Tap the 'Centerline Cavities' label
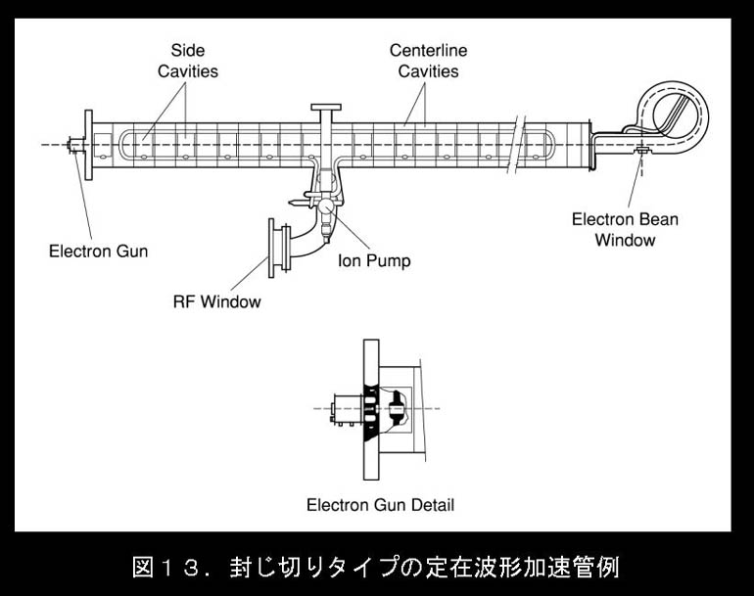click(x=429, y=60)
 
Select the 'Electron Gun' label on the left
click(x=99, y=252)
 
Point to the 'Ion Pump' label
click(x=374, y=261)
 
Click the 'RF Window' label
click(x=216, y=301)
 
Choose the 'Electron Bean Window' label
click(x=625, y=229)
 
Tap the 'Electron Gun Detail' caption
click(x=380, y=506)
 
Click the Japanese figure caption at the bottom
click(x=376, y=566)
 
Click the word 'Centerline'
click(x=429, y=49)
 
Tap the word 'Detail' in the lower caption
click(x=432, y=506)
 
